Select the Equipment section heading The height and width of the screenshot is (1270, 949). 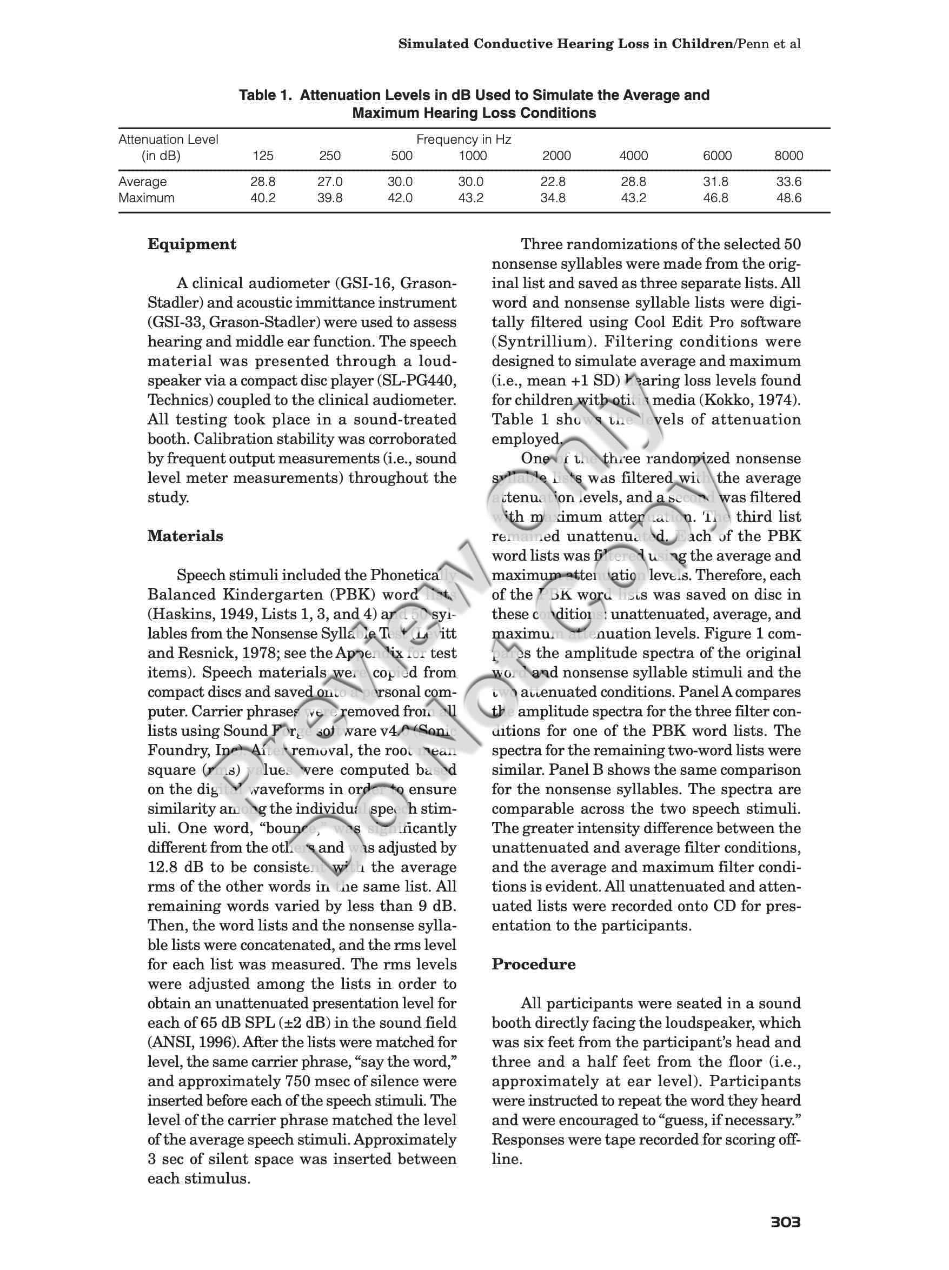(x=192, y=244)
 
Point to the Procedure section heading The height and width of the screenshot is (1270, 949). (x=533, y=964)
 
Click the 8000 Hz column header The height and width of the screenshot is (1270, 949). (x=788, y=156)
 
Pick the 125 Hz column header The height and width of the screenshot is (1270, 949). (x=263, y=156)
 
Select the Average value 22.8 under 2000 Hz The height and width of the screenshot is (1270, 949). (x=553, y=182)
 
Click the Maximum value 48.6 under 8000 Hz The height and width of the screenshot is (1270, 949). (x=788, y=198)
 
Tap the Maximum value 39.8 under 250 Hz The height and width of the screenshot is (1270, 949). (x=329, y=198)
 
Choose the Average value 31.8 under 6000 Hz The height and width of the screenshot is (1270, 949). (x=716, y=182)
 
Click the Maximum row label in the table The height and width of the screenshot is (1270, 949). (x=147, y=198)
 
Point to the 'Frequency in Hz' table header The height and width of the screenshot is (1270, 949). (x=463, y=139)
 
